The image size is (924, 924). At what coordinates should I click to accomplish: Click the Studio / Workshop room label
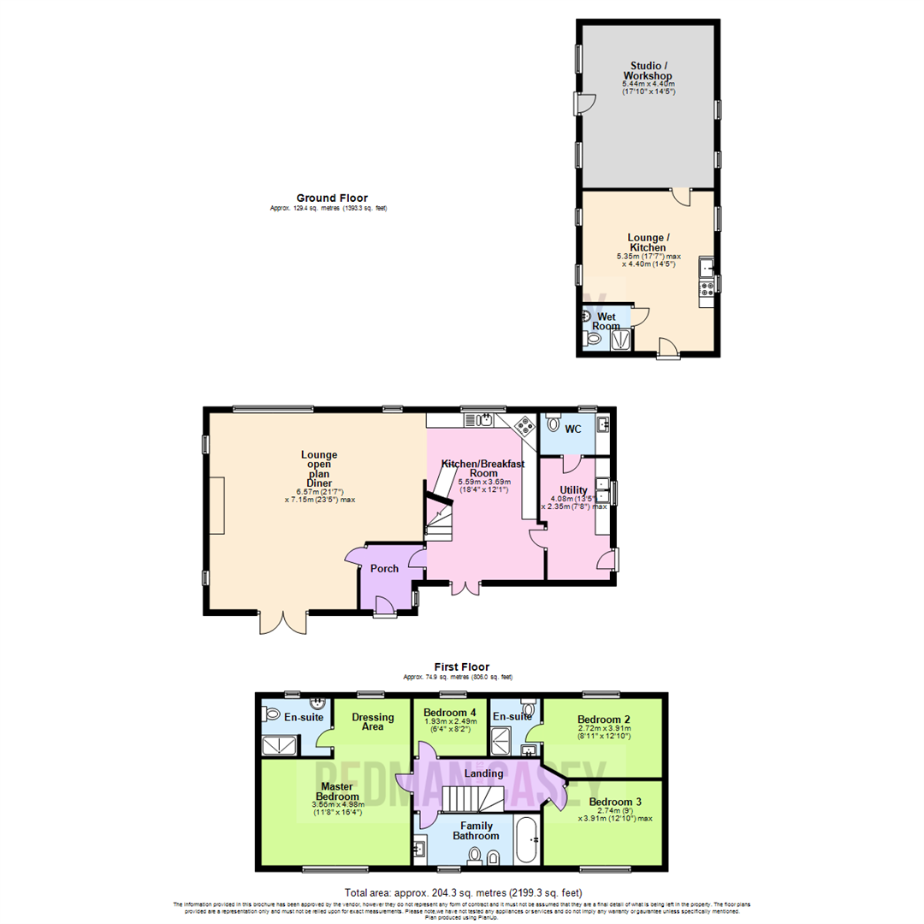[x=647, y=70]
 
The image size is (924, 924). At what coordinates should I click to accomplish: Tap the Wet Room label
[x=607, y=321]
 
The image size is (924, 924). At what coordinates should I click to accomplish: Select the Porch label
[x=384, y=569]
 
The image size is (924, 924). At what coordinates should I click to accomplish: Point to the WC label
[x=573, y=428]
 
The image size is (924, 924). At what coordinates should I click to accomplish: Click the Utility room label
[x=573, y=490]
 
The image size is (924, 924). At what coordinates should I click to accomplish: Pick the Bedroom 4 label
[x=450, y=713]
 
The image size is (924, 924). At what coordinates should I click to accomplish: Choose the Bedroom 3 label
[x=614, y=802]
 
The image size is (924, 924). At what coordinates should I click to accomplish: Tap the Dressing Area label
[x=373, y=722]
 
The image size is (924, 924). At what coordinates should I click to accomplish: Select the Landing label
[x=483, y=773]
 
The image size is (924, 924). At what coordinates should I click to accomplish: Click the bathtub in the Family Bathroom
[x=524, y=840]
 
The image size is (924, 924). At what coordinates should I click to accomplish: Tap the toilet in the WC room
[x=553, y=423]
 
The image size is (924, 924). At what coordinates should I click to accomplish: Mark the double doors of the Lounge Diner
[x=282, y=622]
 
